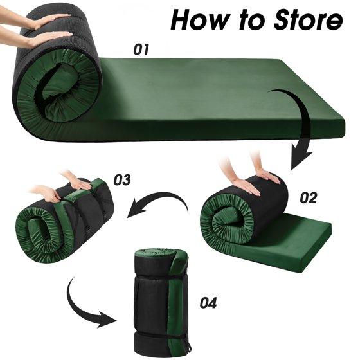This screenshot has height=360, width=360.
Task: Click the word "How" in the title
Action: (201, 20)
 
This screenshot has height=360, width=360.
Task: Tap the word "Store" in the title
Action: (308, 20)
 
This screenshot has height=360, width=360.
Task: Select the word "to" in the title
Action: (252, 21)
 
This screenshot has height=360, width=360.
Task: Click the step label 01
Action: (141, 49)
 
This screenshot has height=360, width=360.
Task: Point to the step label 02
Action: (309, 198)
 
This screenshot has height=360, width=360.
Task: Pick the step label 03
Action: (122, 179)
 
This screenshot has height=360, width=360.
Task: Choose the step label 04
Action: (208, 303)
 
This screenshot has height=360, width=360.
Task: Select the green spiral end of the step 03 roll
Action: (40, 234)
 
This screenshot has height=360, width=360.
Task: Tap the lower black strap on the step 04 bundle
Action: (161, 334)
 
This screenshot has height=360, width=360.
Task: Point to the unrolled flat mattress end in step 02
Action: (296, 246)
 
